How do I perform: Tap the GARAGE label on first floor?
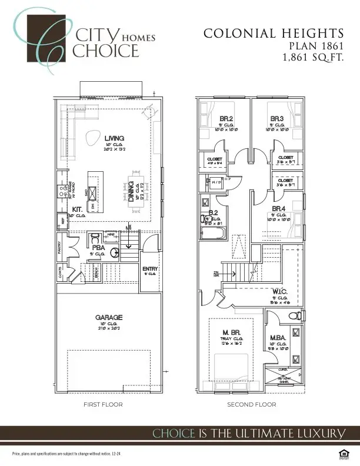coord(109,318)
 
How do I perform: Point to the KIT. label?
coord(77,209)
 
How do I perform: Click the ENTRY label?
coord(149,269)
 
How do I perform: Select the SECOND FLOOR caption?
coord(252,405)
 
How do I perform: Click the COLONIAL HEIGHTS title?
coord(273,34)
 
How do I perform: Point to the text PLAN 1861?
coord(314,46)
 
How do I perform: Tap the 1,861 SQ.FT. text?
coord(312,58)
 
